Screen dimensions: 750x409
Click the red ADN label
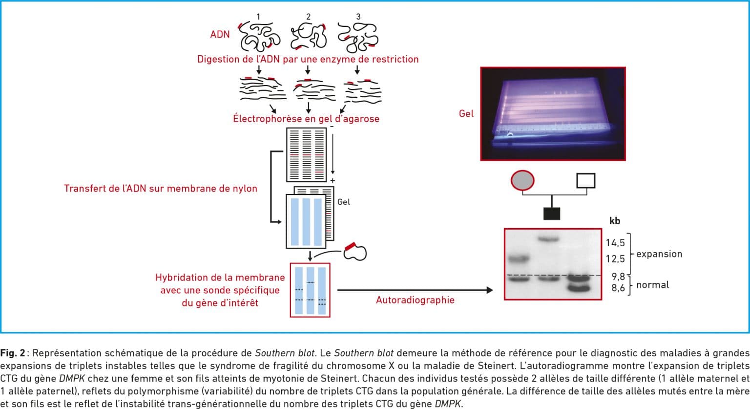click(x=220, y=35)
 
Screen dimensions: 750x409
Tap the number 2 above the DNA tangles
click(x=308, y=17)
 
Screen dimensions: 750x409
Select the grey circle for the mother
click(x=522, y=180)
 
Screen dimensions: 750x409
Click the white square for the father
click(x=585, y=180)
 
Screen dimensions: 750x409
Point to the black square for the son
click(x=551, y=214)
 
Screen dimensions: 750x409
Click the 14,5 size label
click(x=615, y=243)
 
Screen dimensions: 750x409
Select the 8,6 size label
click(x=618, y=288)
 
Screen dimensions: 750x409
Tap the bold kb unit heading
click(x=615, y=221)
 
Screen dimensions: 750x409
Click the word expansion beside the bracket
click(x=659, y=254)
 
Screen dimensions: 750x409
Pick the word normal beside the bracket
click(x=652, y=285)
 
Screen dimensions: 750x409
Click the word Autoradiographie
click(x=415, y=300)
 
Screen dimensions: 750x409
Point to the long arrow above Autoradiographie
click(x=415, y=290)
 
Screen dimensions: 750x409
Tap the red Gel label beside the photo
click(x=466, y=113)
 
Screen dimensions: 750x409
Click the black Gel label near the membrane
click(x=344, y=202)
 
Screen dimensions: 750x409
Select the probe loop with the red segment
click(x=355, y=252)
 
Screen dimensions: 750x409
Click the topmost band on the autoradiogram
click(x=548, y=239)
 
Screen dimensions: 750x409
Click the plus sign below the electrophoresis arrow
click(x=333, y=180)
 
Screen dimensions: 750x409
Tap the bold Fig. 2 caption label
click(x=13, y=353)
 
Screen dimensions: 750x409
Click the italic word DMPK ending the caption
click(x=448, y=404)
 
